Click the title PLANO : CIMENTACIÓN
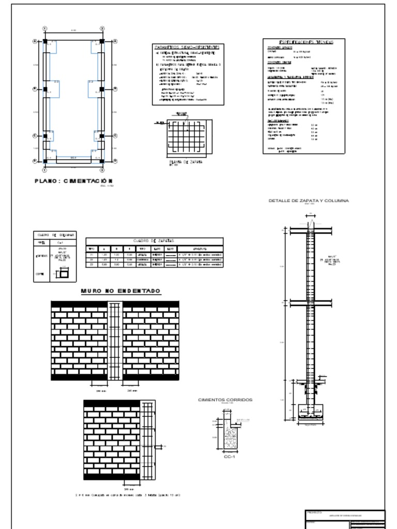tap(73, 181)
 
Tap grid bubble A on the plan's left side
tap(35, 41)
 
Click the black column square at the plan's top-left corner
tap(45, 41)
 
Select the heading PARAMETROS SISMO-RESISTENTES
tap(187, 47)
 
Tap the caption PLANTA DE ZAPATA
tap(186, 162)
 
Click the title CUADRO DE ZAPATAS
tap(154, 241)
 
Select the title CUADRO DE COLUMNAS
tap(55, 235)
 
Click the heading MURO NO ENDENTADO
tap(120, 291)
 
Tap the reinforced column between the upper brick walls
tap(115, 341)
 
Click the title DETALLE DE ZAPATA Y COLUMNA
tap(309, 200)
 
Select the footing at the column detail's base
tap(311, 413)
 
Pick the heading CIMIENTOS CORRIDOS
tap(225, 400)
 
